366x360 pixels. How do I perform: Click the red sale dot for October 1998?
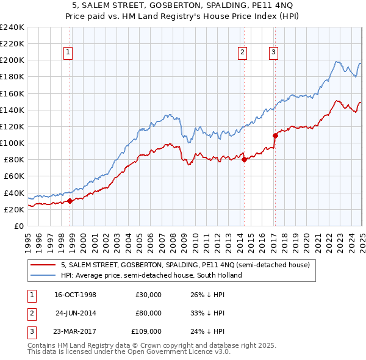click(x=70, y=201)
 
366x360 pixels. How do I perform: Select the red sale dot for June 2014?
click(x=244, y=160)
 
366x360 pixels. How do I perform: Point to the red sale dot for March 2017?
click(x=275, y=135)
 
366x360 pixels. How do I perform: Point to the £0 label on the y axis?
click(x=18, y=226)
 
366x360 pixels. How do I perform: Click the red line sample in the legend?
click(x=43, y=265)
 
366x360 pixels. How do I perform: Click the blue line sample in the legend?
click(x=43, y=275)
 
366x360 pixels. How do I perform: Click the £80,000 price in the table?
click(x=149, y=313)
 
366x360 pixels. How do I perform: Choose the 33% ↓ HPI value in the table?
click(x=208, y=313)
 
